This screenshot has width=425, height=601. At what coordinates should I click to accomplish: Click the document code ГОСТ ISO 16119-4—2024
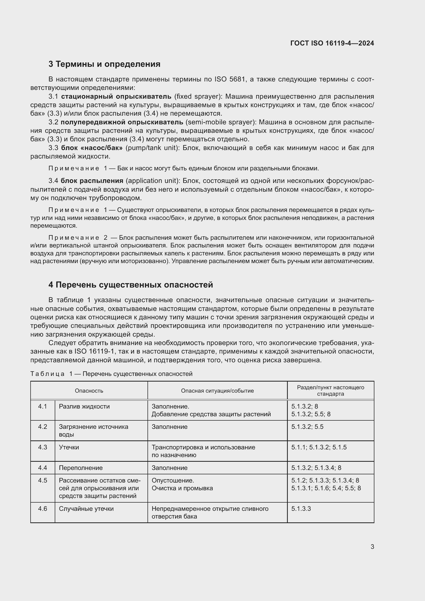(332, 43)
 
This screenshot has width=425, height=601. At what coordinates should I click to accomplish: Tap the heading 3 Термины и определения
(104, 64)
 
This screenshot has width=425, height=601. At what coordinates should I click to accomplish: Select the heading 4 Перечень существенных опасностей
(130, 285)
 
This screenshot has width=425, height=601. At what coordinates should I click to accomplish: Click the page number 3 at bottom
(372, 547)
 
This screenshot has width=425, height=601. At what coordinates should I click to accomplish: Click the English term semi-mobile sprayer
(220, 122)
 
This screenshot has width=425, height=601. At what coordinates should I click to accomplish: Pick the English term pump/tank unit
(153, 148)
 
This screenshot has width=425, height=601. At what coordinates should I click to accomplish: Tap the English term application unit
(153, 181)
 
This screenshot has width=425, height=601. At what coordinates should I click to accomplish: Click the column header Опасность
(89, 391)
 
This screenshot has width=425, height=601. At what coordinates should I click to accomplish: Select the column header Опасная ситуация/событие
(217, 391)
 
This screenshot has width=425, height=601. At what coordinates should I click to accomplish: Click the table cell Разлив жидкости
(84, 406)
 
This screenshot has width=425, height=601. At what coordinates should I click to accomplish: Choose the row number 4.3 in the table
(43, 447)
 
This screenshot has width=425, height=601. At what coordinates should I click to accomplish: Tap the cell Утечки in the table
(69, 447)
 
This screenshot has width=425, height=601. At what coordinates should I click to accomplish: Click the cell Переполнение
(81, 468)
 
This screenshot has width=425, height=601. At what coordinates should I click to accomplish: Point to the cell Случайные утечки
(86, 508)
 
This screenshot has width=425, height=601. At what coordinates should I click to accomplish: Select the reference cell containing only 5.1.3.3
(301, 508)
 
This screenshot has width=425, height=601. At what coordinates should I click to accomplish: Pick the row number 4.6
(43, 508)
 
